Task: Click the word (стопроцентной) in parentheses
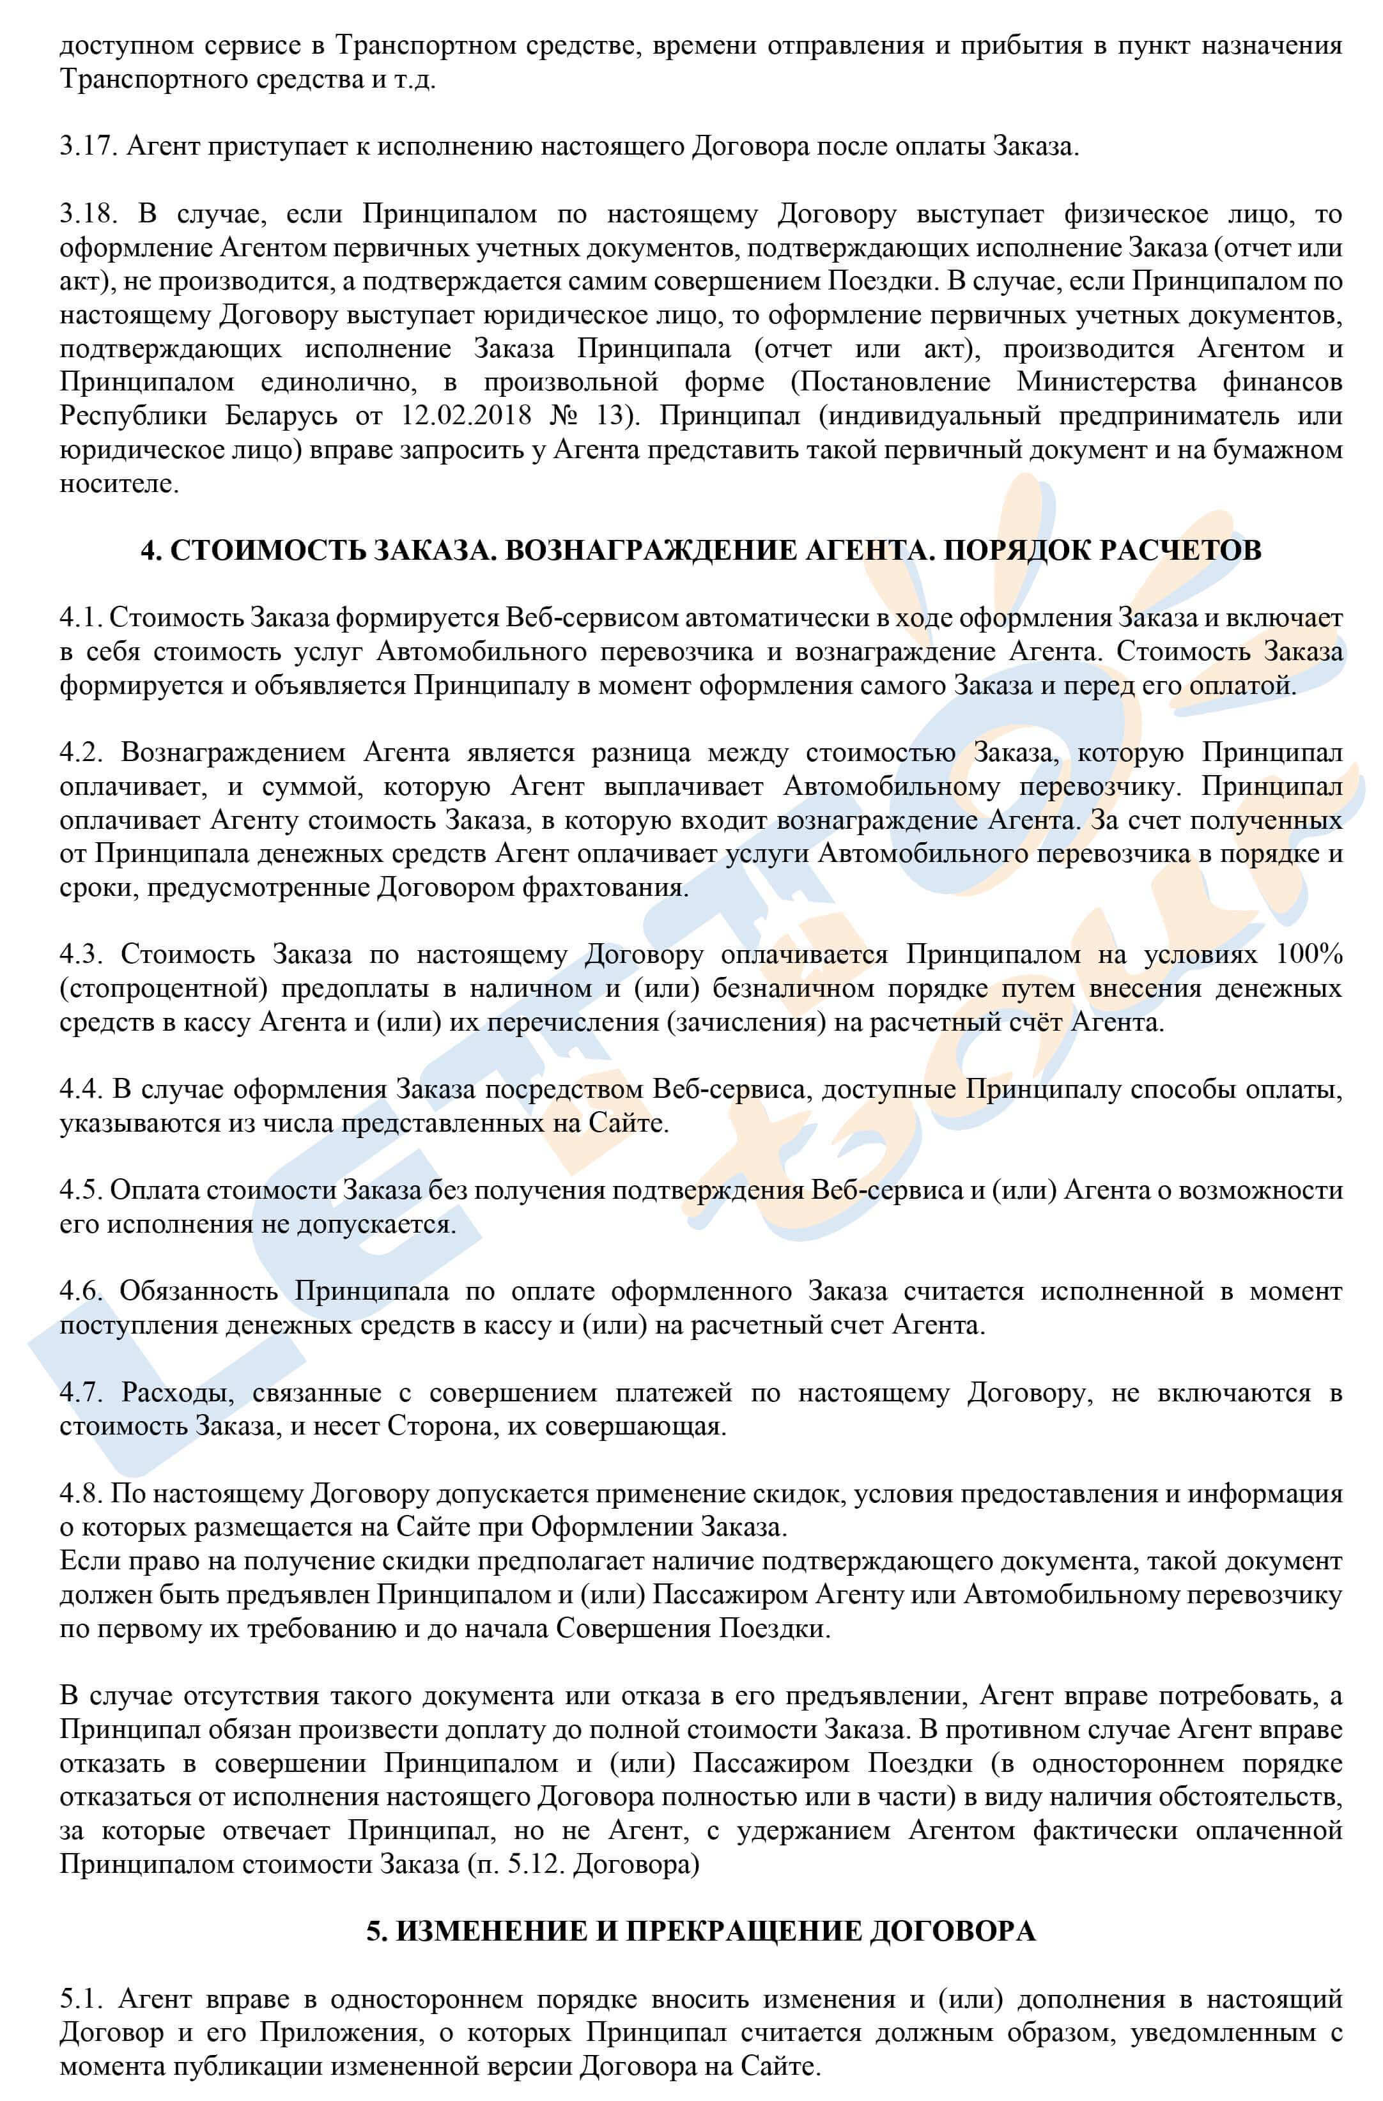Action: tap(164, 989)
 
